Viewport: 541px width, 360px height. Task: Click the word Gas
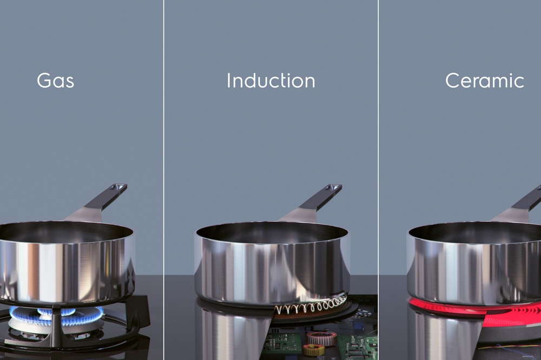[56, 81]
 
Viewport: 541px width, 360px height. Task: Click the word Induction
[271, 81]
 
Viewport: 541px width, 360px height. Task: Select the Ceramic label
[484, 81]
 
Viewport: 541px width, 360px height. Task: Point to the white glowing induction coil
[311, 304]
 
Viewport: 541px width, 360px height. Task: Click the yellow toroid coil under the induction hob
[313, 351]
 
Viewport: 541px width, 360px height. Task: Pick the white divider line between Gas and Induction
[163, 180]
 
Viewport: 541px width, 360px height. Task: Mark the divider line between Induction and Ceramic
[379, 180]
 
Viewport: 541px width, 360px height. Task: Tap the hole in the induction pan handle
[334, 188]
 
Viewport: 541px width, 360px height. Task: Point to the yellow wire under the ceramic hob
[507, 346]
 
